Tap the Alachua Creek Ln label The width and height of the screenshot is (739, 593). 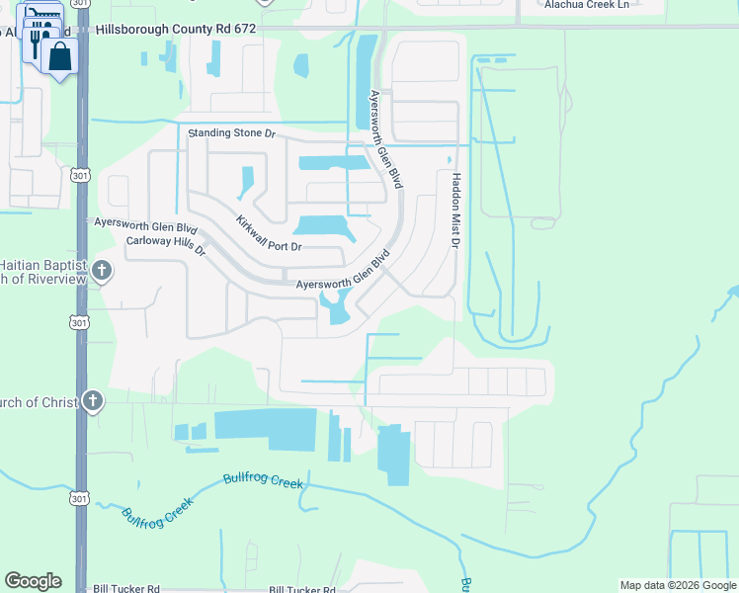tap(586, 5)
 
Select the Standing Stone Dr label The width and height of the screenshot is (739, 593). tap(231, 131)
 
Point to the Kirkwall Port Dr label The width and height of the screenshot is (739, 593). tap(268, 233)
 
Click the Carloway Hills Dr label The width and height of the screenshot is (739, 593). tap(165, 246)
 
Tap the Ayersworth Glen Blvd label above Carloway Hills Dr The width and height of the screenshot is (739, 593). tap(145, 223)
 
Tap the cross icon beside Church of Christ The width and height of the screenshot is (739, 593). tap(92, 401)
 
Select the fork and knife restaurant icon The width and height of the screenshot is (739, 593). tap(35, 41)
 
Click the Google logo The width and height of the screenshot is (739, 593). tap(33, 581)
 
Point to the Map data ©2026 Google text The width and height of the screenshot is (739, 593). tap(678, 585)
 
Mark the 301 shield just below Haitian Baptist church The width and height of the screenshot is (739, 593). tap(79, 322)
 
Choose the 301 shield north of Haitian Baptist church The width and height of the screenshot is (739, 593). tap(79, 175)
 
